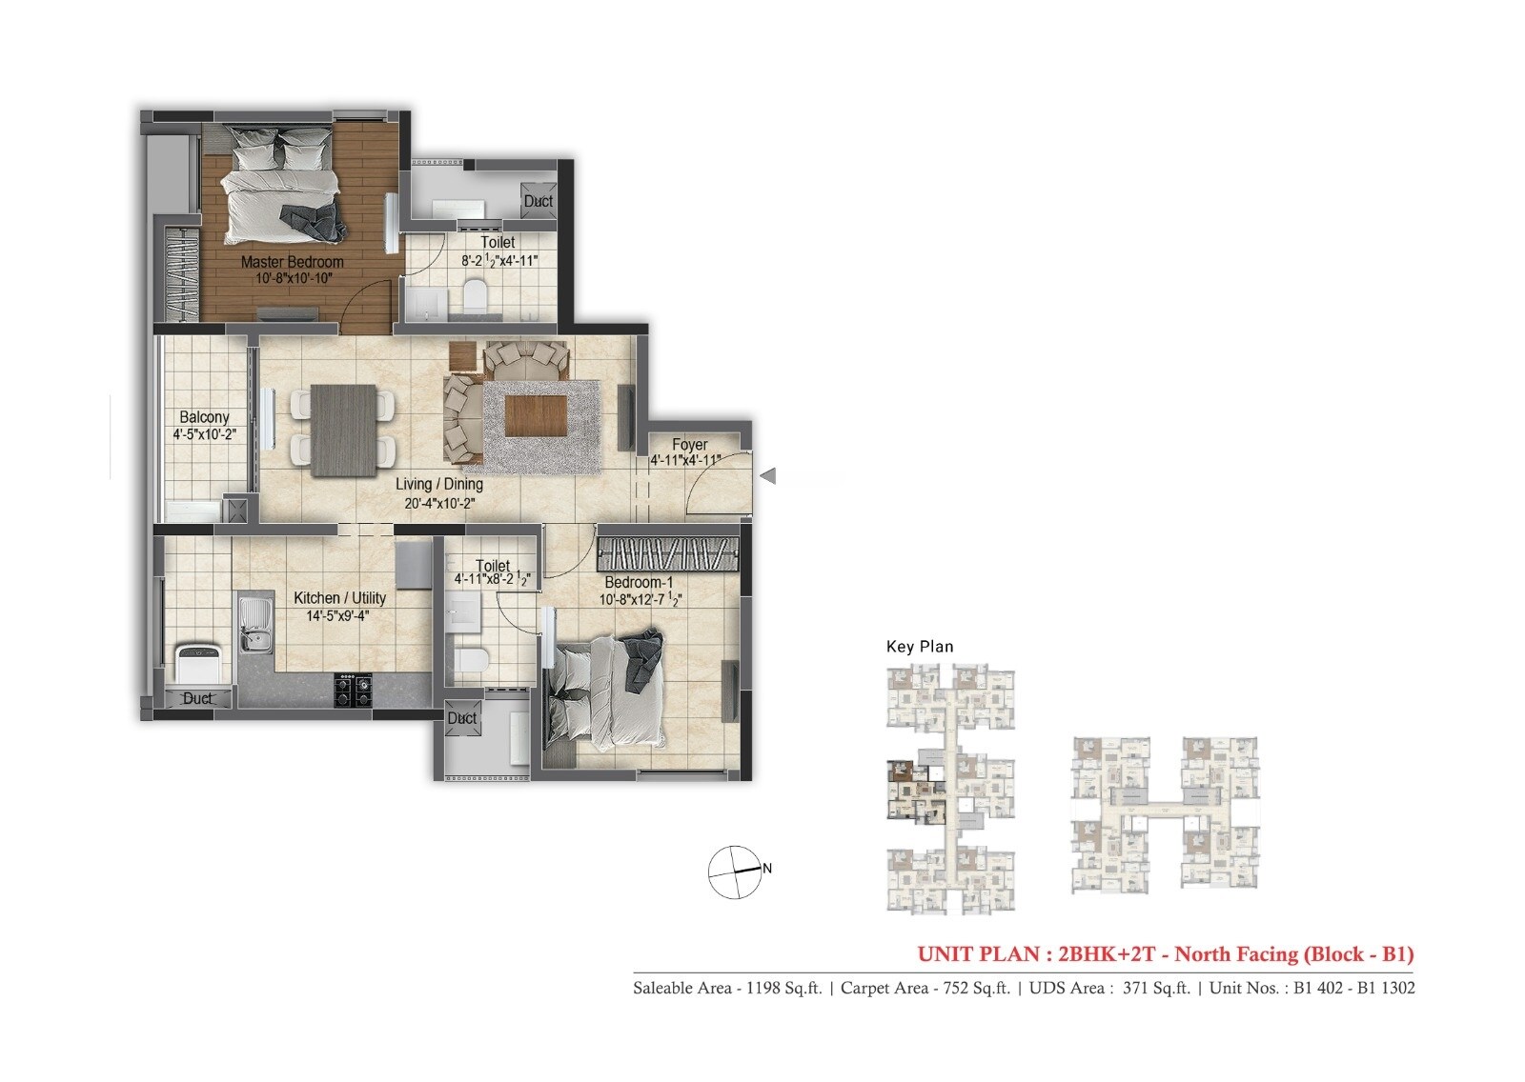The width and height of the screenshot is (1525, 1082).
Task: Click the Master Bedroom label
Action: coord(292,261)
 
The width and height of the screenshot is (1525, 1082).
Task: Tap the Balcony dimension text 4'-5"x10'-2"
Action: coord(204,434)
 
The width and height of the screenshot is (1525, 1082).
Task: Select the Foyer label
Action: coord(689,445)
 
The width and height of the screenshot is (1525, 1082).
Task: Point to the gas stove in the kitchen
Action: coord(353,689)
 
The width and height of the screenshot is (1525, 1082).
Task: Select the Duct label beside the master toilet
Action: coord(539,201)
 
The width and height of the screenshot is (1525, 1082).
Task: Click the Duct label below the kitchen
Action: coord(197,698)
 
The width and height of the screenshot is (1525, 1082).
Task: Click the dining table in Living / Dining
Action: coord(343,429)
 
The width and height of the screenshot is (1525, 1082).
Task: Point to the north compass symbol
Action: coord(735,871)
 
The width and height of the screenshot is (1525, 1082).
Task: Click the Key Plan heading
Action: coord(919,647)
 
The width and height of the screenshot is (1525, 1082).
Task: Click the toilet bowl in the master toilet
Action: coord(475,294)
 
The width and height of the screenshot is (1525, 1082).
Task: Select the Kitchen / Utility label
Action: coord(339,598)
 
